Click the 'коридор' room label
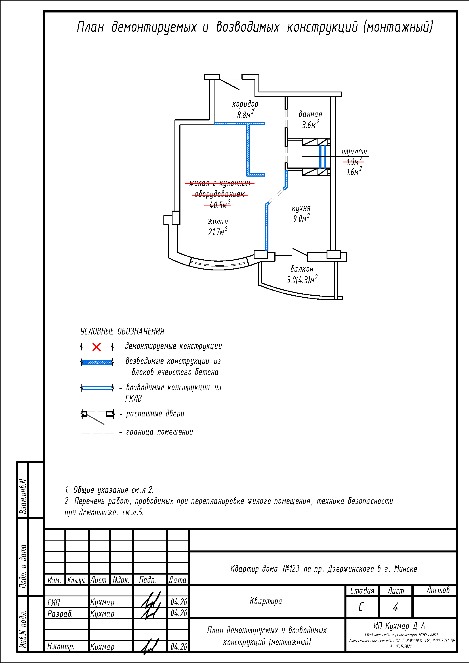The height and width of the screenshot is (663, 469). (245, 104)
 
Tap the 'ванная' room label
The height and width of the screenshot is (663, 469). (310, 114)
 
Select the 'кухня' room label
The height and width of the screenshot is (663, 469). (301, 208)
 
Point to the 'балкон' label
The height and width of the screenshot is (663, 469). (302, 269)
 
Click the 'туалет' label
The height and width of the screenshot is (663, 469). (354, 152)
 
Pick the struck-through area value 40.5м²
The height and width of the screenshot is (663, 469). (218, 205)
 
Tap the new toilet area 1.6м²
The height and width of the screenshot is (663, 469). (354, 172)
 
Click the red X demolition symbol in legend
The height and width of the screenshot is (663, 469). (96, 347)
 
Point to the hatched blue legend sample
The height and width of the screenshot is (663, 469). (97, 362)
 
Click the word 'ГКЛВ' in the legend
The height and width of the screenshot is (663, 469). (134, 399)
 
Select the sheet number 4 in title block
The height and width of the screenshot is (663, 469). (395, 607)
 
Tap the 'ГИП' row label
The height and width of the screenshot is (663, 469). (54, 602)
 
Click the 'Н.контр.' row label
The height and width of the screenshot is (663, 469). (61, 647)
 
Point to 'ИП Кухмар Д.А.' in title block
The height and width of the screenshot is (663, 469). (401, 626)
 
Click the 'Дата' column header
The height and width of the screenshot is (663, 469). (177, 580)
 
